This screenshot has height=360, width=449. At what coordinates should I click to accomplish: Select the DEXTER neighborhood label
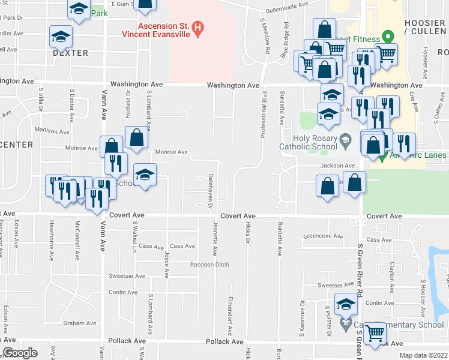pos(70,53)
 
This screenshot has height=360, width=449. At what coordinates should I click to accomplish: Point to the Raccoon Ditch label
pos(209,265)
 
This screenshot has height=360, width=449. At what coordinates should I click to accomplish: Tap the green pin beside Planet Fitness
pos(388,37)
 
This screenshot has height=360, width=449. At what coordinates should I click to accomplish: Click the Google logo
pos(19,352)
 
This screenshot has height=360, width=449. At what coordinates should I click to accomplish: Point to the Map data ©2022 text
pos(423,355)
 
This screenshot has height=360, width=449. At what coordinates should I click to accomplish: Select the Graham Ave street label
pos(79,323)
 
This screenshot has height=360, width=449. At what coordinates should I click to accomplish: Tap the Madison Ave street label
pos(52,130)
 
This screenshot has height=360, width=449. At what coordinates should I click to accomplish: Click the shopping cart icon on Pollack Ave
pos(375,332)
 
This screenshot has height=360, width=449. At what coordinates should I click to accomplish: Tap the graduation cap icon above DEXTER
pos(61,37)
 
